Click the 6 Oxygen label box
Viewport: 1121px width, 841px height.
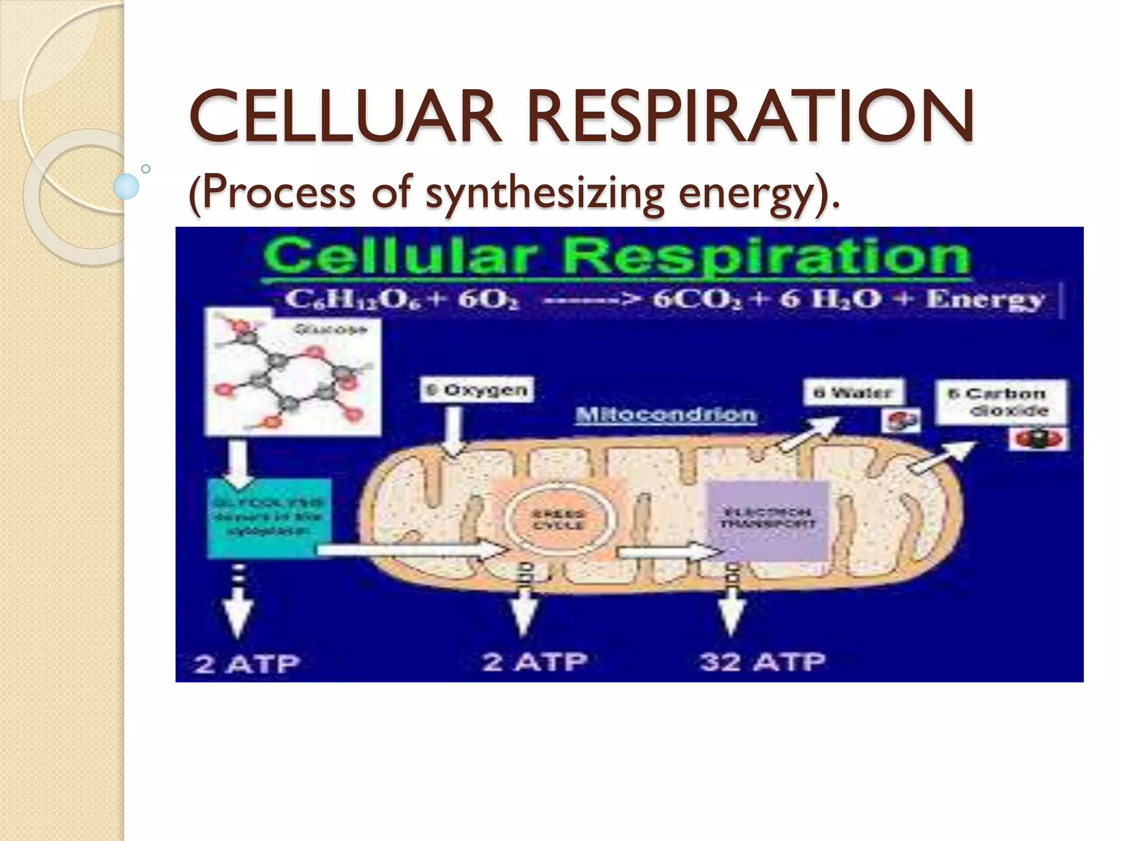pyautogui.click(x=477, y=390)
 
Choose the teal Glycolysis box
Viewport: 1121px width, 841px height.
pyautogui.click(x=269, y=517)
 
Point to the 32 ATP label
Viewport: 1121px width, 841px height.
pyautogui.click(x=762, y=662)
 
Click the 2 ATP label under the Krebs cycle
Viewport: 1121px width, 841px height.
pyautogui.click(x=535, y=662)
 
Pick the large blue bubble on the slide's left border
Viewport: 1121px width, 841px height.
pyautogui.click(x=126, y=186)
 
